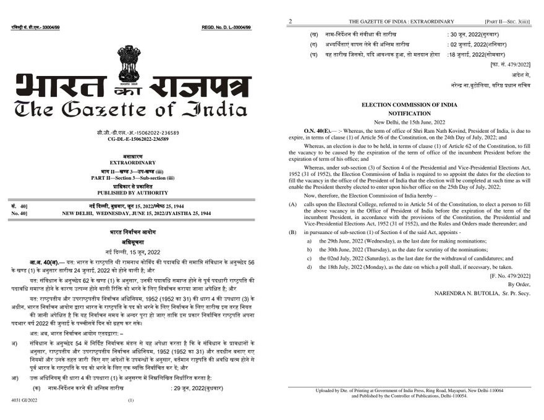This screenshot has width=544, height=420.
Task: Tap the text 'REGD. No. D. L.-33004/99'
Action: point(231,28)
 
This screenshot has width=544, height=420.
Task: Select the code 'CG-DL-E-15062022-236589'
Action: point(138,140)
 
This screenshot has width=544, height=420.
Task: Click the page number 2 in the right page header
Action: point(290,22)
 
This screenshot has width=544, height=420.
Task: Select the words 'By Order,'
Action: point(521,283)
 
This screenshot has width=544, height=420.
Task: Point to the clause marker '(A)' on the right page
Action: point(293,203)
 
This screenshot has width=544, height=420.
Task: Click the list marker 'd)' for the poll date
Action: point(308,267)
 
